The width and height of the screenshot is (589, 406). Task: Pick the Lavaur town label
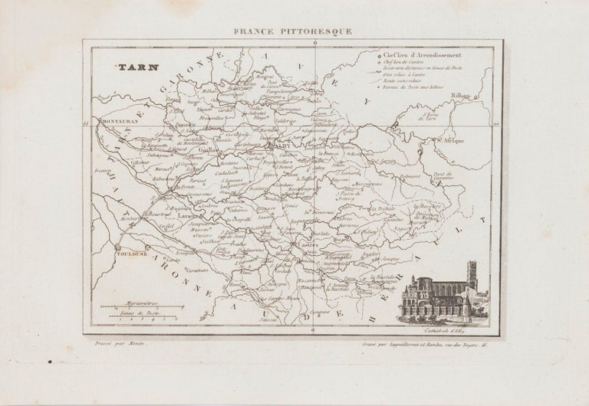point(189,217)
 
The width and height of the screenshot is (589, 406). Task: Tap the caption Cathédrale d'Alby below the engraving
point(456,332)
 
